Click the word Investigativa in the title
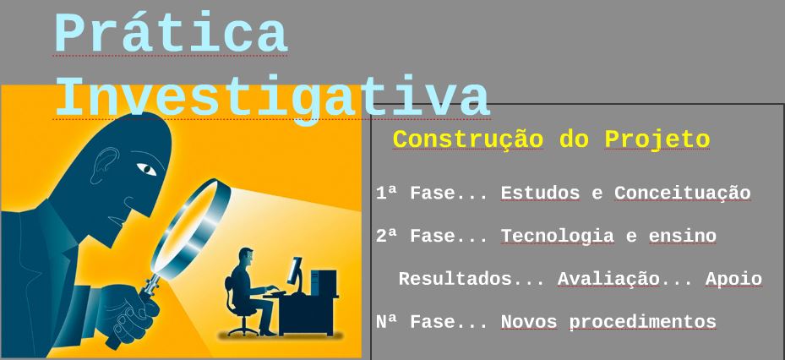pyautogui.click(x=271, y=98)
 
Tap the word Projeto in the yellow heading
pyautogui.click(x=657, y=139)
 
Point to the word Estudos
pyautogui.click(x=540, y=194)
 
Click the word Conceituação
pyautogui.click(x=682, y=194)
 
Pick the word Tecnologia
pyautogui.click(x=557, y=236)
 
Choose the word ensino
pyautogui.click(x=682, y=236)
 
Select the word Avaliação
pyautogui.click(x=608, y=279)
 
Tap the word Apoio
pyautogui.click(x=733, y=279)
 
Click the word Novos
pyautogui.click(x=529, y=322)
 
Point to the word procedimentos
pyautogui.click(x=642, y=322)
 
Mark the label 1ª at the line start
pyautogui.click(x=386, y=194)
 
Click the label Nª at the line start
pyautogui.click(x=386, y=322)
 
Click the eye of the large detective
pyautogui.click(x=147, y=169)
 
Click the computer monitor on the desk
pyautogui.click(x=295, y=270)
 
